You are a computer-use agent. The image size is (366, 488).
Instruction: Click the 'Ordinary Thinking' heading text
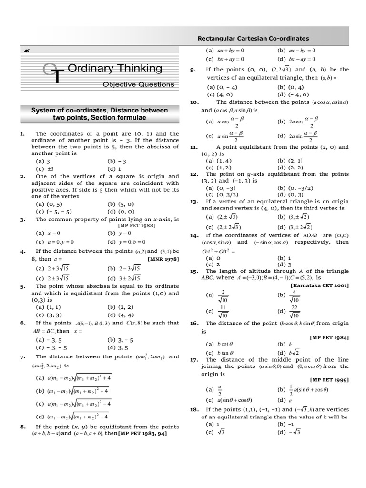(115, 68)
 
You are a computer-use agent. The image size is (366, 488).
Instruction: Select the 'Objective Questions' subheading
(139, 84)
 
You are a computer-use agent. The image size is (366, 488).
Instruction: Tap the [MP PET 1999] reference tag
(329, 379)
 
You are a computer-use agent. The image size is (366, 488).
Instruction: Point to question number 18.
(193, 409)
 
